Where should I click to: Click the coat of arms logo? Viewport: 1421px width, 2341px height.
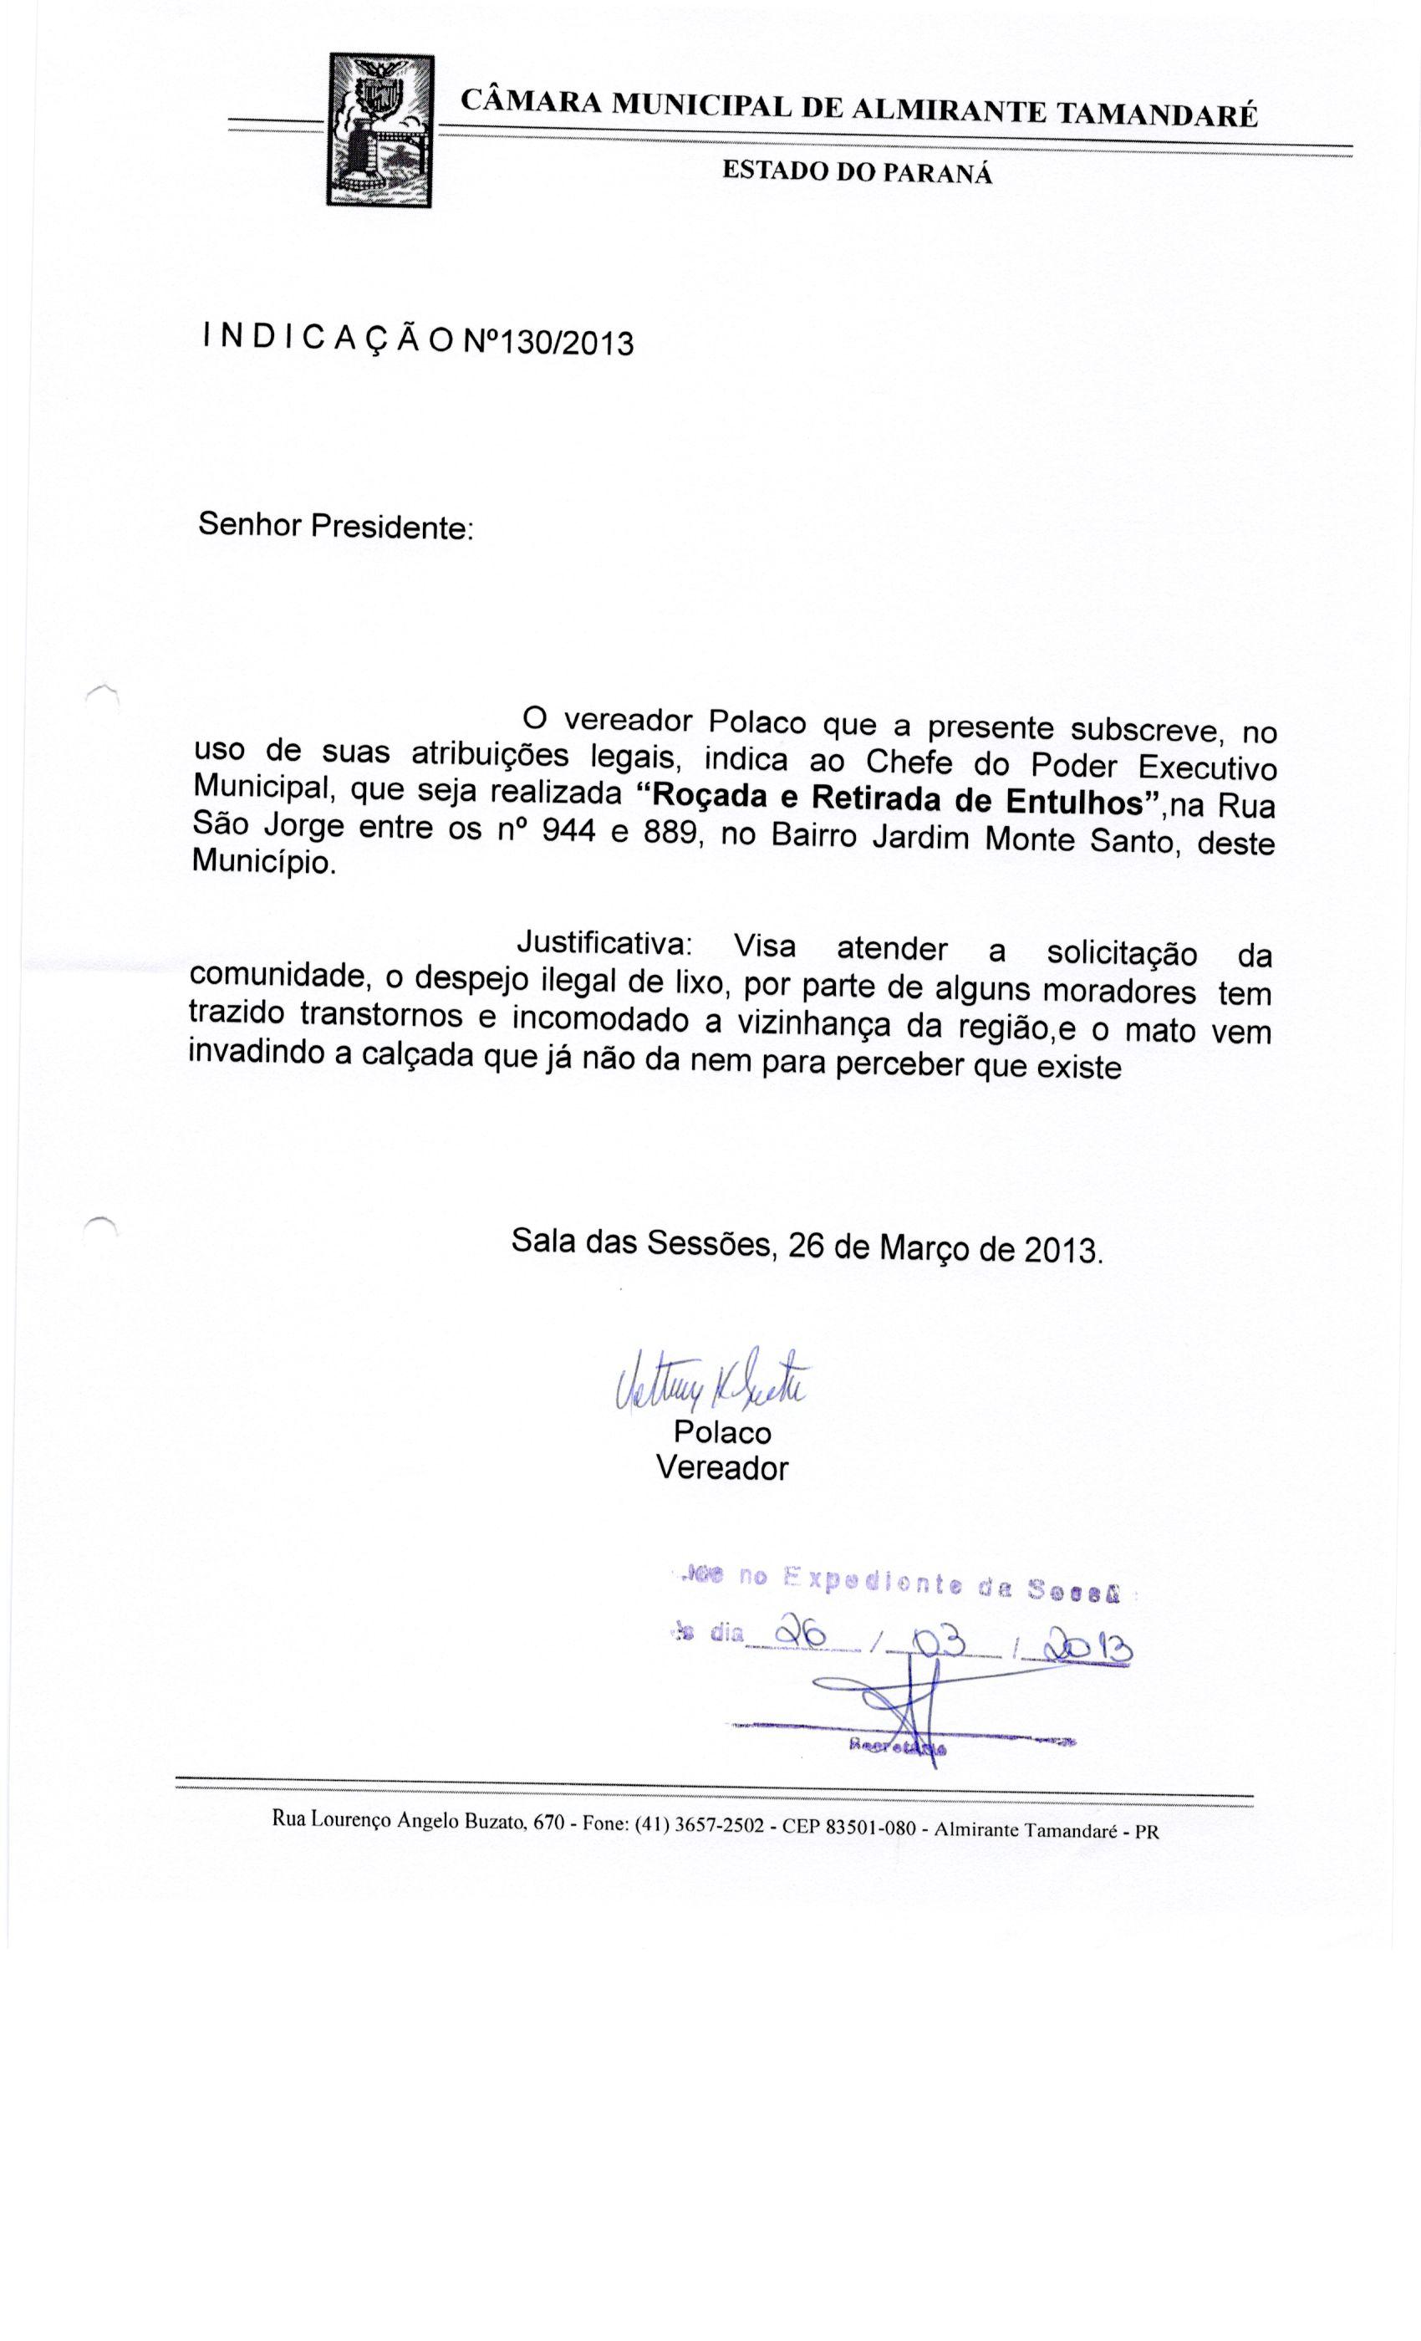pyautogui.click(x=379, y=130)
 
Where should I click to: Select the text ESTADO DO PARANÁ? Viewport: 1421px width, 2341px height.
pyautogui.click(x=857, y=172)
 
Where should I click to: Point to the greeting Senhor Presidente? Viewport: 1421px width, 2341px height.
pyautogui.click(x=334, y=525)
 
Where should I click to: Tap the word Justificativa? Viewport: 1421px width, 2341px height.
pyautogui.click(x=604, y=943)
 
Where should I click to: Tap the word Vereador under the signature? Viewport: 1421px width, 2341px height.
pyautogui.click(x=722, y=1468)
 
